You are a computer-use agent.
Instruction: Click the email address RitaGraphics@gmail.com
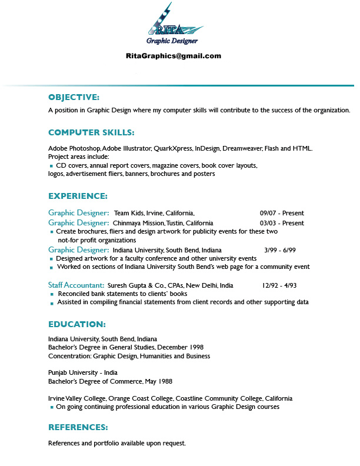[x=173, y=56]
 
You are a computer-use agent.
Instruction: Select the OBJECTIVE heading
[x=74, y=97]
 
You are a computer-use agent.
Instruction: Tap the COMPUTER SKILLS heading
[x=91, y=132]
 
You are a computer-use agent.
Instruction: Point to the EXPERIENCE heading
[x=78, y=196]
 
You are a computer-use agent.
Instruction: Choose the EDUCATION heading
[x=76, y=324]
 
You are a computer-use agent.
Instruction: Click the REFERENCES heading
[x=78, y=427]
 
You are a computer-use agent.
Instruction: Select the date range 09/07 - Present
[x=282, y=213]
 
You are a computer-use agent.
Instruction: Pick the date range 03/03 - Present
[x=282, y=224]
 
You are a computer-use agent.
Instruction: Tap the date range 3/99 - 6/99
[x=280, y=250]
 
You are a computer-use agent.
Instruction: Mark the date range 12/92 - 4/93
[x=279, y=285]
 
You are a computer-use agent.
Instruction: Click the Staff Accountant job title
[x=76, y=285]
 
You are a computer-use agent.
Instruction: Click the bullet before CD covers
[x=51, y=167]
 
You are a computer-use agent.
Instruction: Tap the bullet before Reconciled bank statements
[x=52, y=294]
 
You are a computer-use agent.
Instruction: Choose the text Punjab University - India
[x=83, y=372]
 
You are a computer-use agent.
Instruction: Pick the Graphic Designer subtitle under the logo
[x=172, y=41]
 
